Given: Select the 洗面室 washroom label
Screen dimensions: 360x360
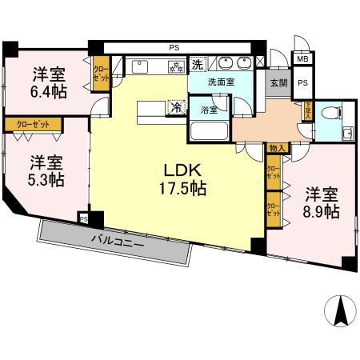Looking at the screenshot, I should (221, 82).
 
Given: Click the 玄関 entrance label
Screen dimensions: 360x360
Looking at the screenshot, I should (277, 82).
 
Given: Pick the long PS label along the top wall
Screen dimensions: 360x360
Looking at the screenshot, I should (174, 47).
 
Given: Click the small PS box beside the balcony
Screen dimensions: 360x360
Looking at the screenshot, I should (83, 216).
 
